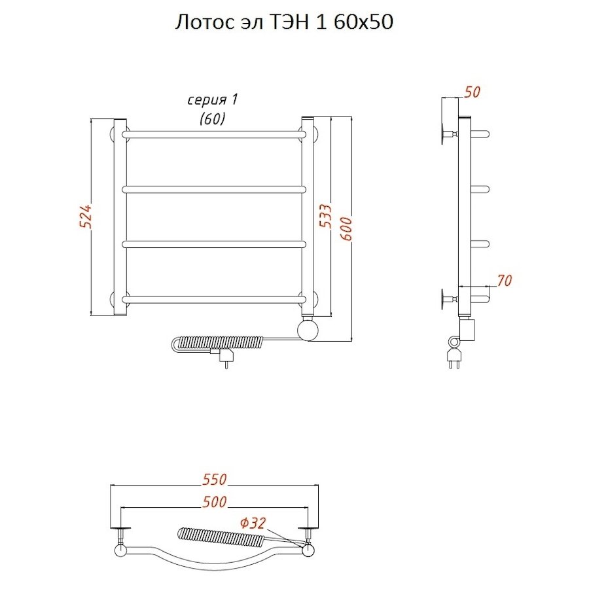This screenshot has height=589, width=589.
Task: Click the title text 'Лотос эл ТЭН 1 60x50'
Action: pos(285,22)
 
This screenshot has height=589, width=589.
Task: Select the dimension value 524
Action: pos(85,217)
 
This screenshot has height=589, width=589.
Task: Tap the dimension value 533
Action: pos(325,216)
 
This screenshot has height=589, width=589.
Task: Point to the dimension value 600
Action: pos(346,229)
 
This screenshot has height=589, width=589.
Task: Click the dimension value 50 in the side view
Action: pos(472,92)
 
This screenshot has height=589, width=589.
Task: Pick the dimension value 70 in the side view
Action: pos(504,280)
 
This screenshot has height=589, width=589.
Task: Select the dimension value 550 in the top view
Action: pos(215,479)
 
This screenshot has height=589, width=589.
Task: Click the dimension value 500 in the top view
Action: pos(215,502)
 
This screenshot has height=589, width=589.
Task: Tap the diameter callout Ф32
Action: pos(253,523)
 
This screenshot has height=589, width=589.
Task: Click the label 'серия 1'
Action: pos(213,100)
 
